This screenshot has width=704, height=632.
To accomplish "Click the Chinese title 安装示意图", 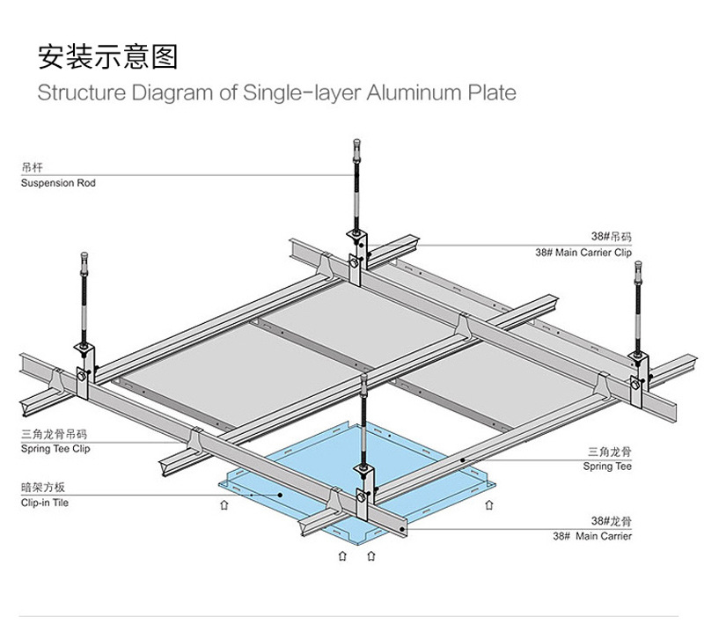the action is point(107,56).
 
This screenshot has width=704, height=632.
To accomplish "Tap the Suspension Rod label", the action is point(58,183).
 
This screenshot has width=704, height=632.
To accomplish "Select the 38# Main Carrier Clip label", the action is point(583,253).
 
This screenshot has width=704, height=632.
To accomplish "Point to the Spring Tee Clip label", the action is point(55,449).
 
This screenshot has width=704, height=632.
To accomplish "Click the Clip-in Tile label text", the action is point(45,503).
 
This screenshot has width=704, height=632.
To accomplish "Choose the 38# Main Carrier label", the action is point(592,536).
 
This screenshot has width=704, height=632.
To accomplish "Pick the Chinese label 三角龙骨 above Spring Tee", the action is point(610,452).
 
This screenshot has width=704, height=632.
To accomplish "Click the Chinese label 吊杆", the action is point(32,168).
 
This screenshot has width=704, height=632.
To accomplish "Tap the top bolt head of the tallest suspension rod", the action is point(357,143).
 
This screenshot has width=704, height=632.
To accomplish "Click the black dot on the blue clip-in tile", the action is point(280,495).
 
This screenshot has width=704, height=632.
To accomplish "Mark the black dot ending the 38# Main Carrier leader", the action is point(402,530).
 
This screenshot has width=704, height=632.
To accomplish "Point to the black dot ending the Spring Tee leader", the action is point(463,460).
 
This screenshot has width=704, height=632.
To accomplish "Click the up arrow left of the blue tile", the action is point(224,505).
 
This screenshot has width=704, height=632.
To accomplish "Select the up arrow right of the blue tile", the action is point(489,505).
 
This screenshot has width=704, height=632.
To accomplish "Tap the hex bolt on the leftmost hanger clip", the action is point(81,375).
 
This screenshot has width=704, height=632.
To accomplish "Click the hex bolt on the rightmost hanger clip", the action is point(635,385).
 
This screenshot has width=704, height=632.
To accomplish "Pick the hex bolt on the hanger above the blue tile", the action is point(361,496).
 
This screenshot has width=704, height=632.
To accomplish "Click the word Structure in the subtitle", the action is point(82,92).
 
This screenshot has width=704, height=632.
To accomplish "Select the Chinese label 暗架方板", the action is point(43,488).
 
